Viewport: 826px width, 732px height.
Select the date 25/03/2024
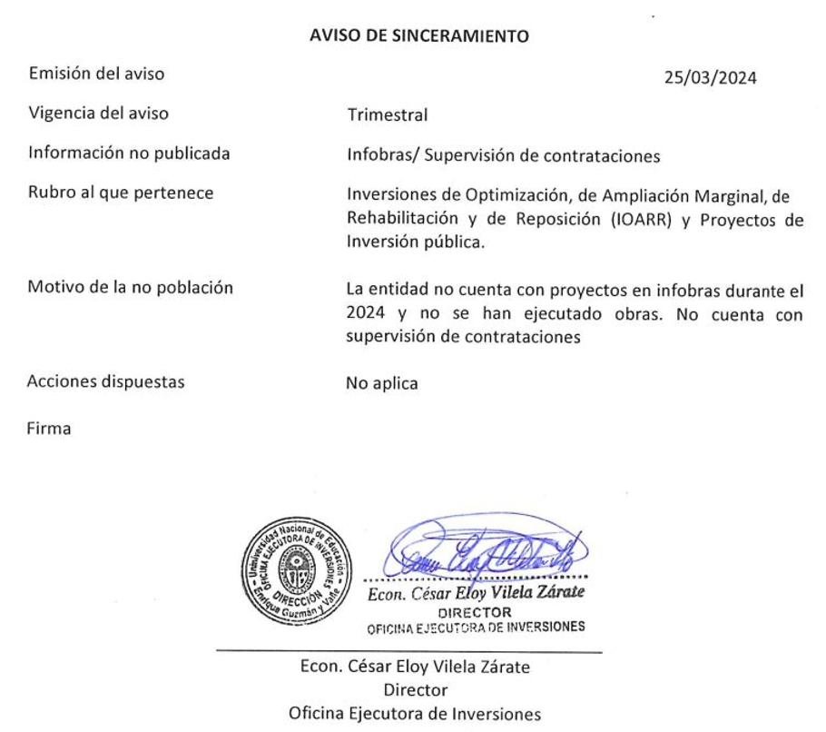coord(711,78)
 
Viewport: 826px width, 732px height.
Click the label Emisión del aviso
coord(97,74)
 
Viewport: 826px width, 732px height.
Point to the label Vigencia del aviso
coord(99,114)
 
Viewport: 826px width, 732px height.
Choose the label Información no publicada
coord(129,153)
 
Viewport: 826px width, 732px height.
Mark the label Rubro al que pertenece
coord(121,193)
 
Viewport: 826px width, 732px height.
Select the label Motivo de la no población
coord(131,288)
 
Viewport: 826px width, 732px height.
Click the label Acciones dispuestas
coord(106,382)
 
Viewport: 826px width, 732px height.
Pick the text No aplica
coord(382,383)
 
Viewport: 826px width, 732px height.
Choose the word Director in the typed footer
coord(415,690)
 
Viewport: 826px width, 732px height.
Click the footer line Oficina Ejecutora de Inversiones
coord(415,713)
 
